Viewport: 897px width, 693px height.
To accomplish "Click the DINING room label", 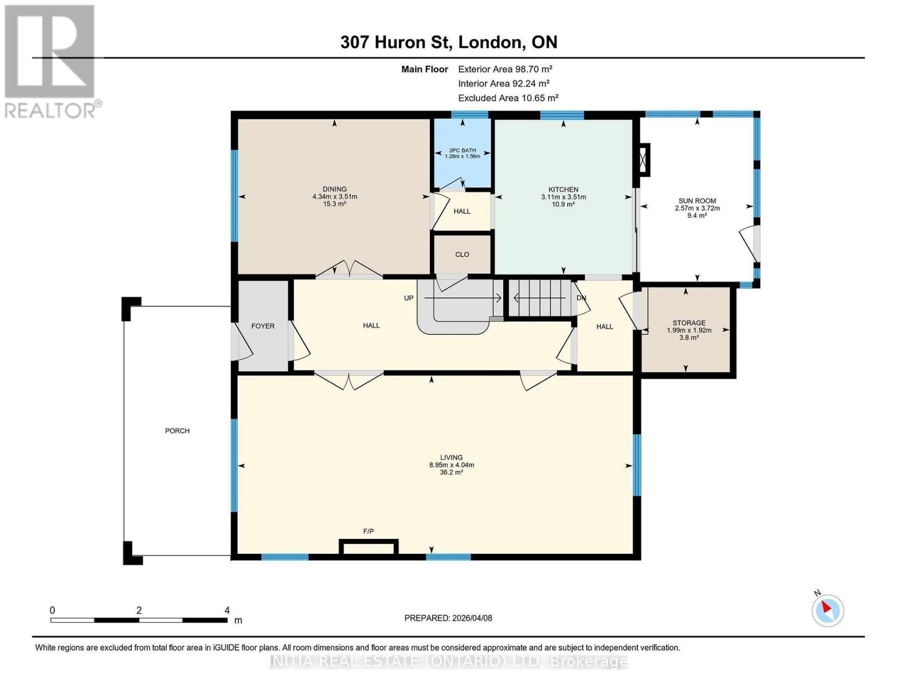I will click(334, 189).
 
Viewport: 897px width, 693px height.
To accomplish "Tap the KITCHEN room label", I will click(563, 189).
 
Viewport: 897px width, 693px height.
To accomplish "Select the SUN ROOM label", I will click(697, 201).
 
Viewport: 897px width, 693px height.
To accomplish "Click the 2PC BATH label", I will click(462, 150).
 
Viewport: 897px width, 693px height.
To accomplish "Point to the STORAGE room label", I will click(688, 323).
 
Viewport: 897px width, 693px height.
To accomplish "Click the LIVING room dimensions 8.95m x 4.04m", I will click(451, 465).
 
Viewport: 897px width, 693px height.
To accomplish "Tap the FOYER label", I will click(263, 326).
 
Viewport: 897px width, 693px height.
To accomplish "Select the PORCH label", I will click(177, 431).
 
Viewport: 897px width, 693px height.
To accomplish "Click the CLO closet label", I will click(462, 254).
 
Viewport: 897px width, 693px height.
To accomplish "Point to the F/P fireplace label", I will click(369, 531).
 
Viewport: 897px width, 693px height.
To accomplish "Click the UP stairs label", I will click(409, 298).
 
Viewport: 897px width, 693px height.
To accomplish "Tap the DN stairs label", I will click(582, 298).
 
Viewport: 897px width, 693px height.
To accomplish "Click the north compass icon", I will click(828, 610).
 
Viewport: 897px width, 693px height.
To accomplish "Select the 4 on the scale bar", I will click(227, 610).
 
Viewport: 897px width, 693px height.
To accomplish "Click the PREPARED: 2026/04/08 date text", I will click(448, 618).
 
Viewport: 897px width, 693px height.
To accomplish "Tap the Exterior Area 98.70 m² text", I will click(505, 69).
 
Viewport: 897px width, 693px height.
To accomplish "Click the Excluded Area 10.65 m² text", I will click(508, 98).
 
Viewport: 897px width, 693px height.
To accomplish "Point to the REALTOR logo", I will click(51, 61).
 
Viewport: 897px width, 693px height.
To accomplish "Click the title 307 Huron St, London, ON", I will click(449, 42).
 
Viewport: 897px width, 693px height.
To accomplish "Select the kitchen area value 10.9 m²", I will click(563, 204).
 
